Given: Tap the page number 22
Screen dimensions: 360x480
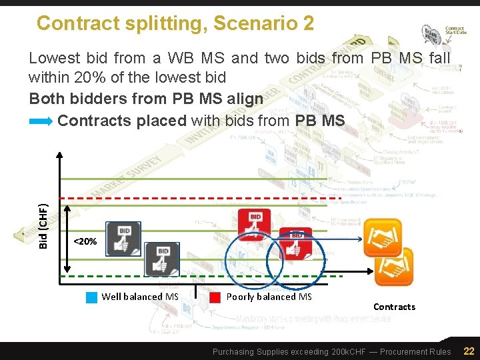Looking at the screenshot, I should [469, 351].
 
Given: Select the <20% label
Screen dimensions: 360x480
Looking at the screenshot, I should [85, 241].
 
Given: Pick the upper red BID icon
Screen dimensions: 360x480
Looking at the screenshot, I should [255, 225].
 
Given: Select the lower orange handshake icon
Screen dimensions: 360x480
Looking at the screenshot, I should [394, 267].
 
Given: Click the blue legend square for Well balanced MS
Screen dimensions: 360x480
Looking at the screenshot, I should [92, 297].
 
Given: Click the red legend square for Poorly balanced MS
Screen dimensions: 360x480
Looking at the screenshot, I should [215, 297].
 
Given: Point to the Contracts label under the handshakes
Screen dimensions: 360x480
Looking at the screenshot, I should [394, 307].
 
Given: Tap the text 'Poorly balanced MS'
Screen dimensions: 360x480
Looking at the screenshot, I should [269, 297].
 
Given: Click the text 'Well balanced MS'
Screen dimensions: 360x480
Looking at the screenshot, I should [140, 297].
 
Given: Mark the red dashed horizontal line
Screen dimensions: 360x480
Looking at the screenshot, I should [200, 199].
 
